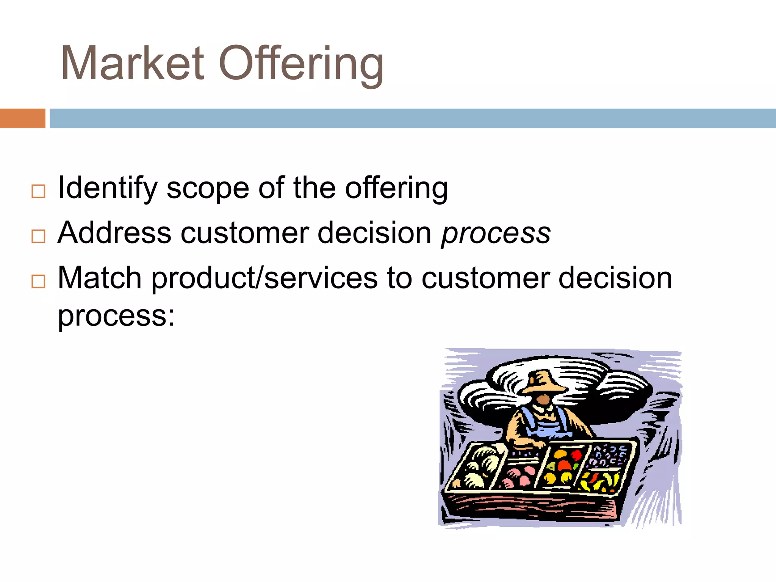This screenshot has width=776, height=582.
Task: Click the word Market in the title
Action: coord(133,64)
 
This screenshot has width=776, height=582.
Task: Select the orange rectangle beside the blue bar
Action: coord(22,118)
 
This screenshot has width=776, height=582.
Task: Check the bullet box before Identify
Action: coord(38,191)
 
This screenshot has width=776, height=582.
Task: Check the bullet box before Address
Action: coord(38,236)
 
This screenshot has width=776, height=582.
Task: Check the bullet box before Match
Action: coord(38,282)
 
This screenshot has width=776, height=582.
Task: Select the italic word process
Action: coord(496,234)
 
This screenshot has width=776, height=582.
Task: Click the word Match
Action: coord(99,278)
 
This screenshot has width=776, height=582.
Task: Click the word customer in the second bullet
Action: coord(244,233)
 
